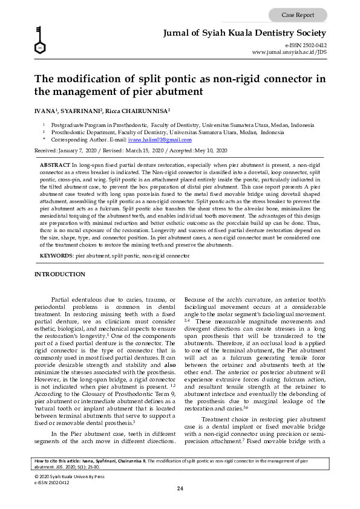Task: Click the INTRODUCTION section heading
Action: [60, 274]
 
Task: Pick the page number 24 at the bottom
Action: [180, 488]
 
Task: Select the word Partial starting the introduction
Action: [62, 299]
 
